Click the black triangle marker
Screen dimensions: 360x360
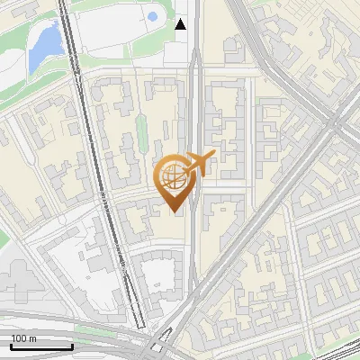coord(181,24)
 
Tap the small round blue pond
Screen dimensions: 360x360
coord(152,16)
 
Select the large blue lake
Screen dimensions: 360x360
coord(44,45)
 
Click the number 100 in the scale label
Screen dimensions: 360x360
coord(18,338)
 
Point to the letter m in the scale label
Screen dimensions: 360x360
coord(31,338)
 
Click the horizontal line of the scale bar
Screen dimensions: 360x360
coord(40,346)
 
